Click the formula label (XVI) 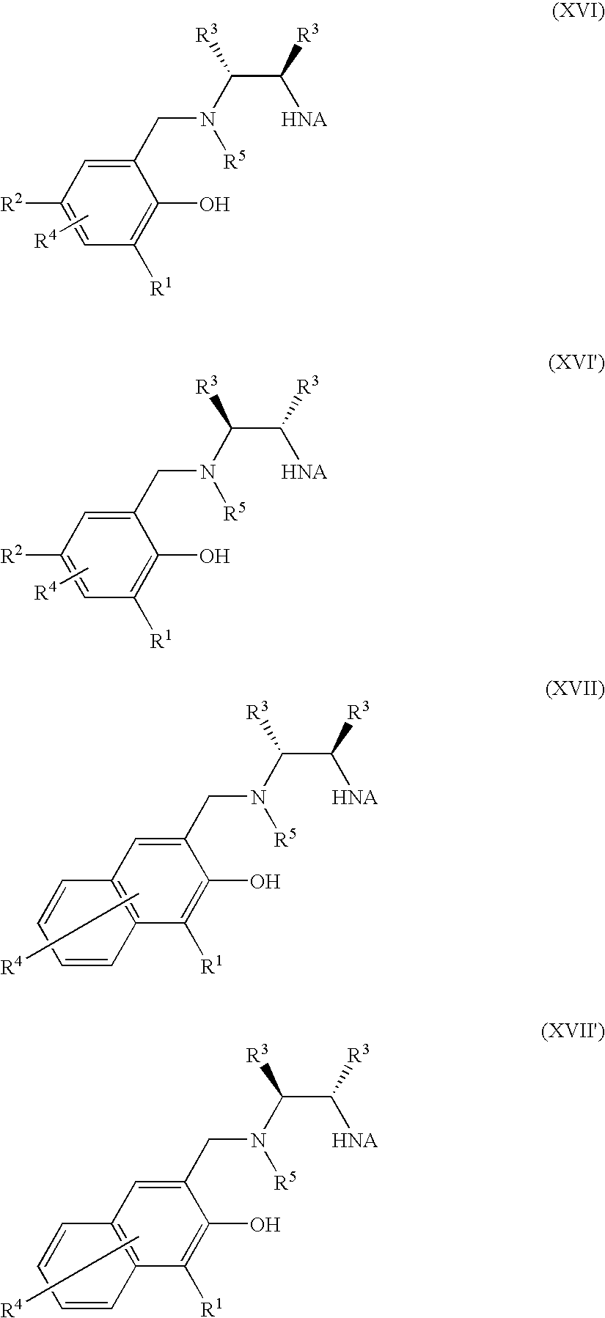tap(576, 14)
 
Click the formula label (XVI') tap(576, 364)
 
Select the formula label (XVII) tap(574, 690)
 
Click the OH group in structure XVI tap(214, 205)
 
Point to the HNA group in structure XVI tap(304, 119)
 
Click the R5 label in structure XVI tap(235, 161)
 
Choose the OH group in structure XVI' tap(214, 556)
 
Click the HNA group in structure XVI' tap(304, 471)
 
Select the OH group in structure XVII tap(265, 881)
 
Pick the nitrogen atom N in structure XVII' tap(257, 1140)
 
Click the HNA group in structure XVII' tap(355, 1140)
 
